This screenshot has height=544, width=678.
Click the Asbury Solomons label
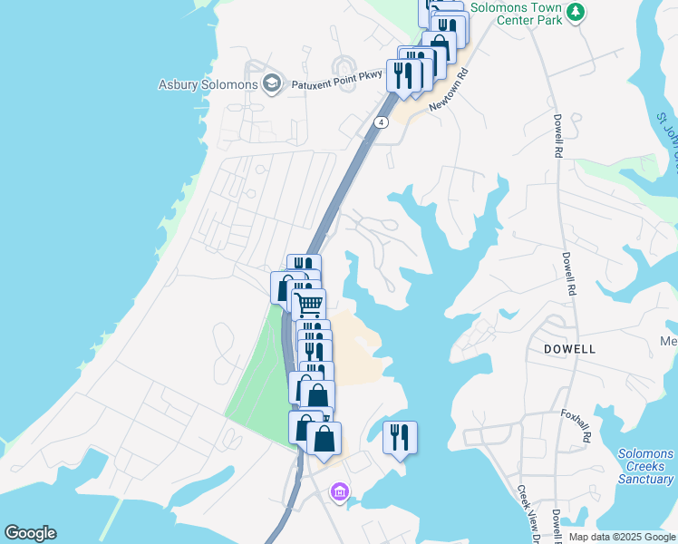[208, 85]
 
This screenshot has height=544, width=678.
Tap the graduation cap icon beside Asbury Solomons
[271, 85]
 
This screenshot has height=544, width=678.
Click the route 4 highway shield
[383, 121]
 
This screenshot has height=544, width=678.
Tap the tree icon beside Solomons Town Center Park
[576, 13]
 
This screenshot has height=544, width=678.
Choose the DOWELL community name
[569, 348]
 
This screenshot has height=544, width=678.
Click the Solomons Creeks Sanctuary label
[645, 466]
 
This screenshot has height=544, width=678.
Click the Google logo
[30, 533]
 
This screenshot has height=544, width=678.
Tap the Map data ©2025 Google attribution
[623, 537]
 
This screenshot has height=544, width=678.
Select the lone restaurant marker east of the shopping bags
[400, 438]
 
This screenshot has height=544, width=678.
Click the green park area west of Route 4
[259, 381]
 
